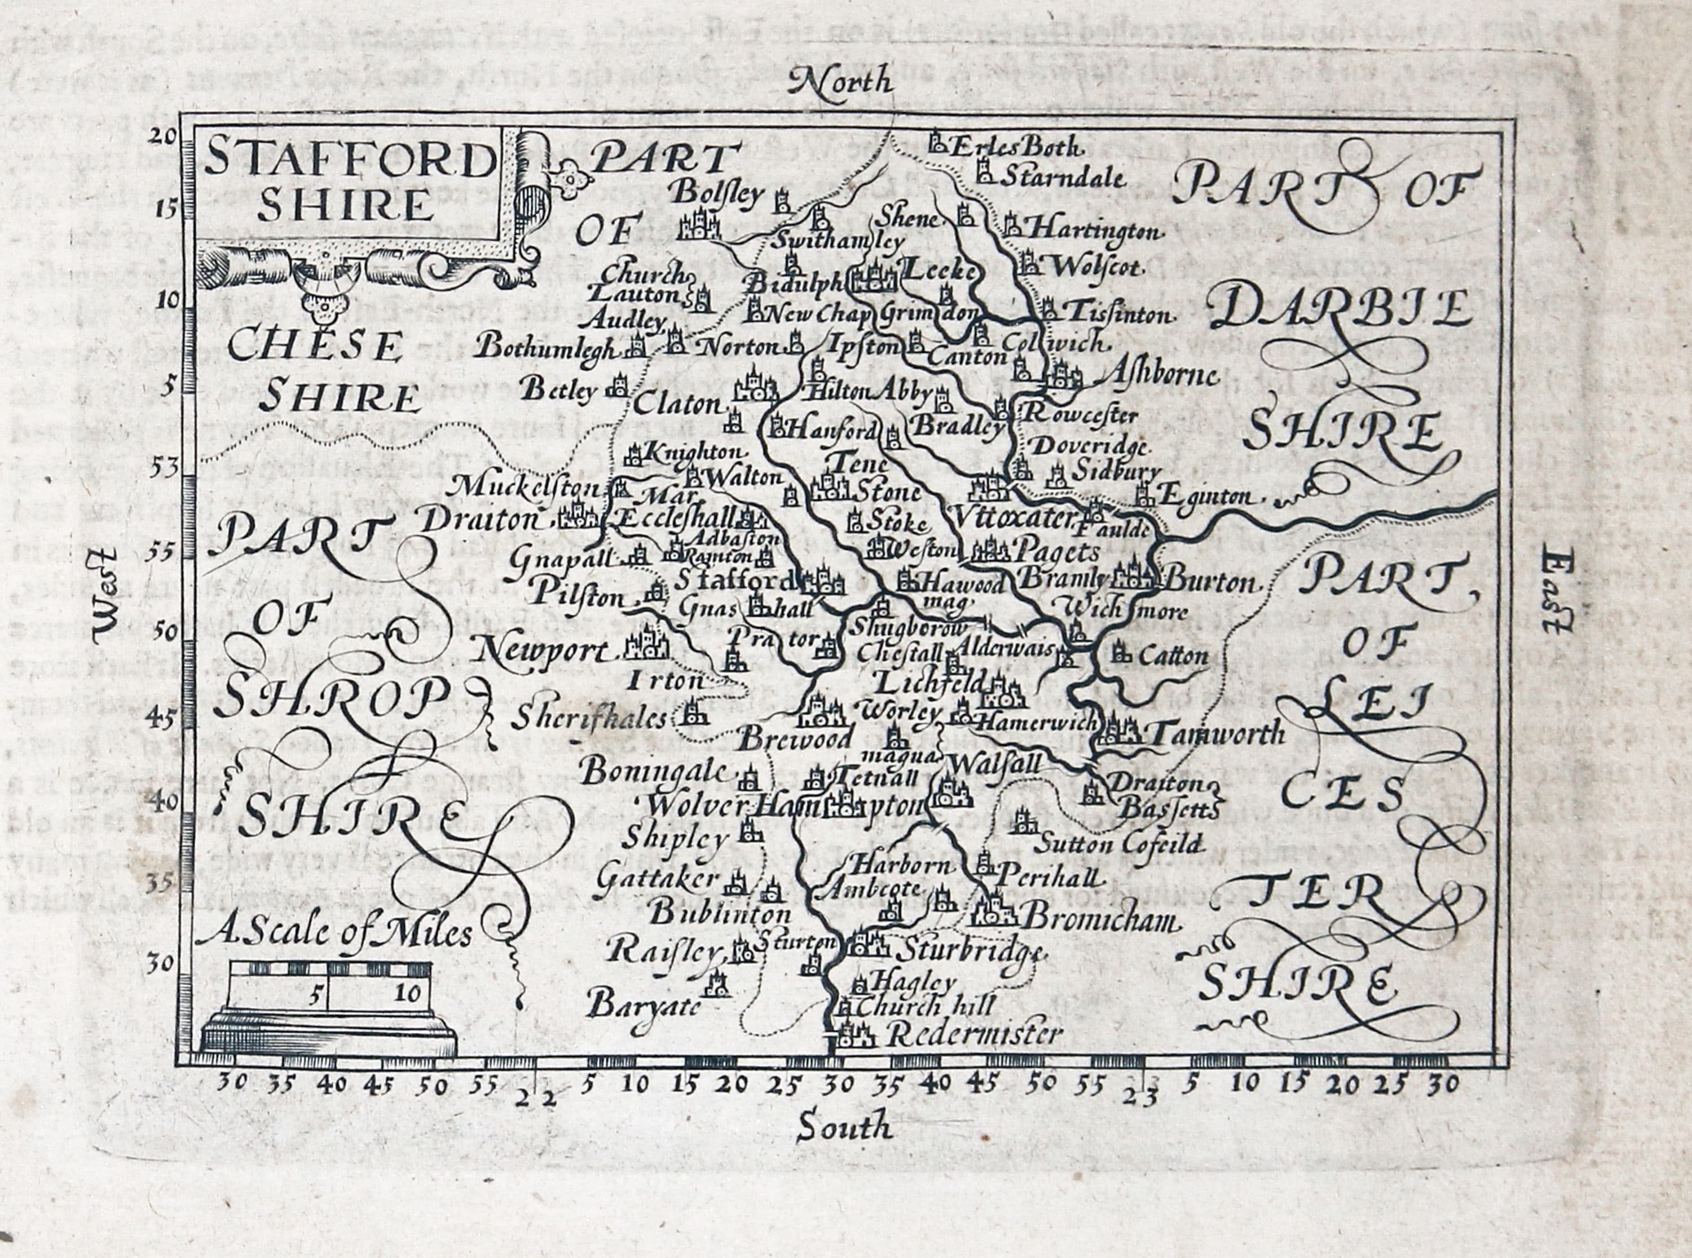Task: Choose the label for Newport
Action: (x=545, y=651)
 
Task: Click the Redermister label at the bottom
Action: (x=975, y=1034)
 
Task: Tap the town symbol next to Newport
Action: (x=647, y=644)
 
